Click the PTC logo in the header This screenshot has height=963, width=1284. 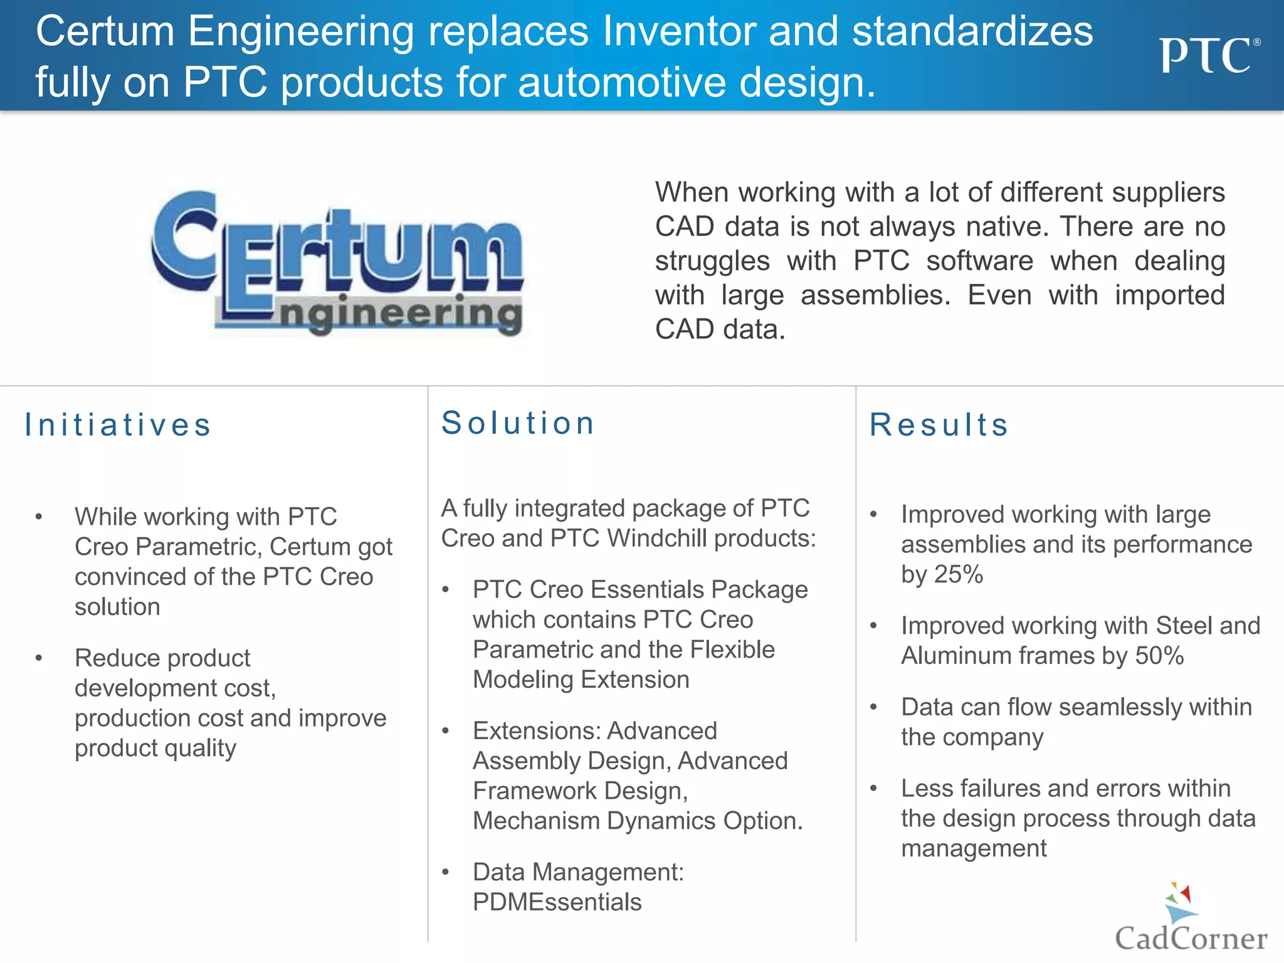pyautogui.click(x=1208, y=55)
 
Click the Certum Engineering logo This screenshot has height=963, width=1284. pyautogui.click(x=337, y=263)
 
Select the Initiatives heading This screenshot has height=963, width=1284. pyautogui.click(x=118, y=425)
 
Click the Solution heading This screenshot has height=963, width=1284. pyautogui.click(x=518, y=423)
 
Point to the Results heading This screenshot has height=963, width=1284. pyautogui.click(x=939, y=425)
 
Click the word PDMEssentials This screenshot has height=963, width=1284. pyautogui.click(x=557, y=902)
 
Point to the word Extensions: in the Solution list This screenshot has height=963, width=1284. pyautogui.click(x=537, y=731)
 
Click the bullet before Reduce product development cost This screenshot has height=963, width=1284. pyautogui.click(x=39, y=658)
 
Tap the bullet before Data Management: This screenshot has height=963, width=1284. pyautogui.click(x=446, y=872)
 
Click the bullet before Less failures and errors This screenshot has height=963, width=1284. pyautogui.click(x=873, y=789)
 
